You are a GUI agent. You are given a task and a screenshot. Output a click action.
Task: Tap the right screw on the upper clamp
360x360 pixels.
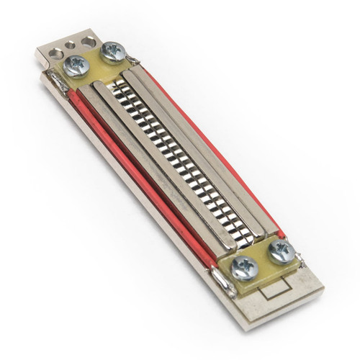(x=113, y=51)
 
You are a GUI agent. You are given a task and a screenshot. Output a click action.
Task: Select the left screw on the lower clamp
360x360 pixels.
(x=245, y=268)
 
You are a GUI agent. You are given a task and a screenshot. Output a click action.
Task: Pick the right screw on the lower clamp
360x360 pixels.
(x=280, y=252)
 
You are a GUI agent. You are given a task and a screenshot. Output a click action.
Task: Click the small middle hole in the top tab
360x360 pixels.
(x=71, y=45)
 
